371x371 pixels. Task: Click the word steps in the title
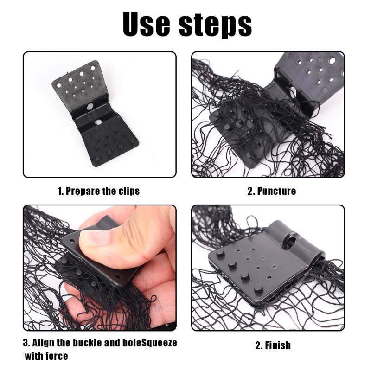pos(215,25)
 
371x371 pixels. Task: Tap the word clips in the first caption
pos(128,191)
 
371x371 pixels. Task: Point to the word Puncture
pos(276,191)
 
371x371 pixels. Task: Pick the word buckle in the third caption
pos(90,344)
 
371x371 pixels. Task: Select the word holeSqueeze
pos(149,344)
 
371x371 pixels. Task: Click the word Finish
pos(278,345)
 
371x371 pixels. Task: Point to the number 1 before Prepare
pos(60,191)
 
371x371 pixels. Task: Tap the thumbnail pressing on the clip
pos(96,237)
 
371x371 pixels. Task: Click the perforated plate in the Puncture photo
pos(315,70)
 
